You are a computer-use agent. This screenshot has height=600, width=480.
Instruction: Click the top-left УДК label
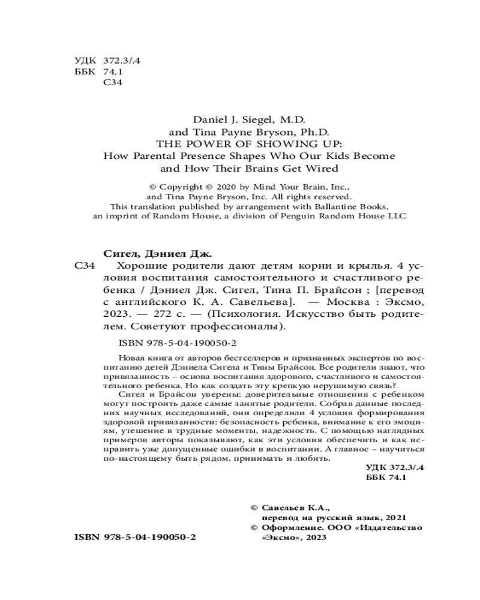pos(84,61)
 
